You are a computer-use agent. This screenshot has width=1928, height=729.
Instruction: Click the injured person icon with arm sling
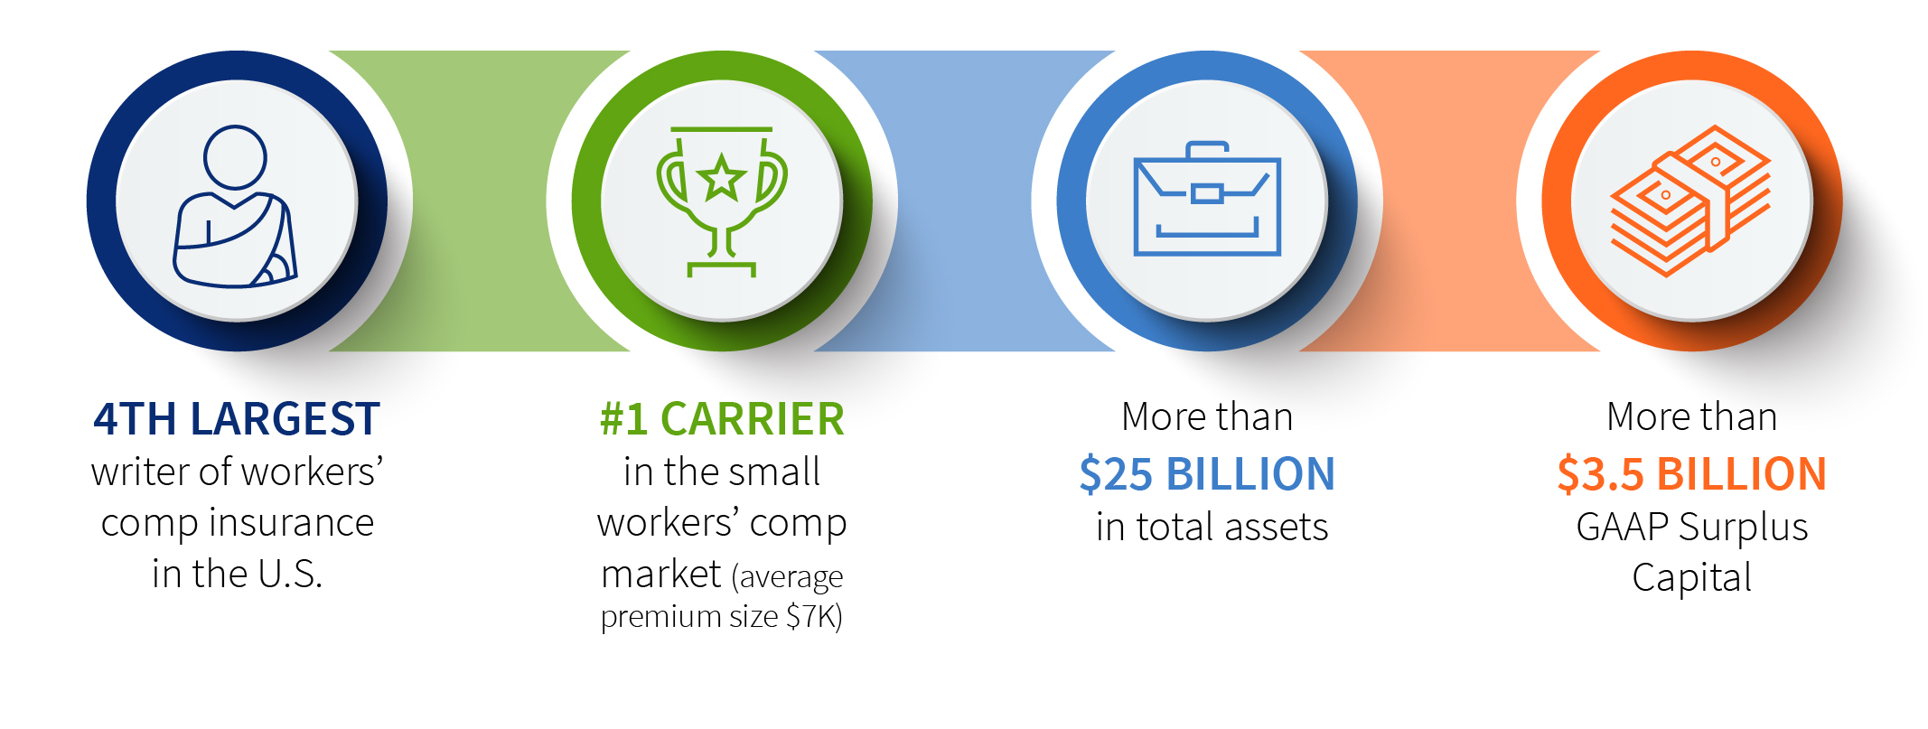tap(235, 207)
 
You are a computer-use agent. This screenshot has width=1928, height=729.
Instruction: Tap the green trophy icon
tap(721, 201)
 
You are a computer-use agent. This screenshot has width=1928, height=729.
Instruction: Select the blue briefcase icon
tap(1207, 199)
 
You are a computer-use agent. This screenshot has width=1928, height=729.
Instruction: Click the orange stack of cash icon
tap(1690, 201)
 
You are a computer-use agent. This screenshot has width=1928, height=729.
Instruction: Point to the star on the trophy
tap(721, 177)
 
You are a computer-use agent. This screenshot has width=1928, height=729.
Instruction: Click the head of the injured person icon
tap(235, 157)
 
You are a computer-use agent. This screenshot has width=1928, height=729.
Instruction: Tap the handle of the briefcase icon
tap(1207, 149)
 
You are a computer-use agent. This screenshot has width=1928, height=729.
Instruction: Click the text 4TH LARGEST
tap(237, 419)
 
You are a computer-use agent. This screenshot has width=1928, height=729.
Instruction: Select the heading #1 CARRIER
tap(722, 419)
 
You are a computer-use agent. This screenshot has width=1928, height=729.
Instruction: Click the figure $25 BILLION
tap(1207, 474)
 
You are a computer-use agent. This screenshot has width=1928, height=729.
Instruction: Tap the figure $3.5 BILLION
tap(1691, 474)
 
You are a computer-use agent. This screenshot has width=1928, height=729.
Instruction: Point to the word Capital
tap(1691, 578)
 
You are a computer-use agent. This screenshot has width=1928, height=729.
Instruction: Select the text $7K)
tap(814, 617)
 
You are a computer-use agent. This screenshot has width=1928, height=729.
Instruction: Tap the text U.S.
tap(290, 575)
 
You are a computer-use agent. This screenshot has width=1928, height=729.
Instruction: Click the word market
tap(661, 575)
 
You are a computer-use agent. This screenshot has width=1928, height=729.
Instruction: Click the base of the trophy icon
tap(721, 268)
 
